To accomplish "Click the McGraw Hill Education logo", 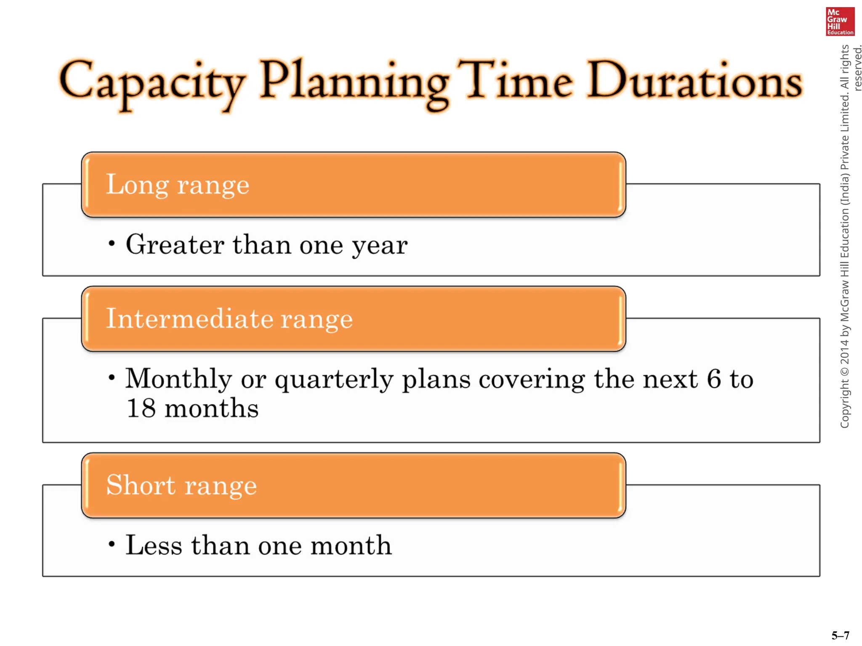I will click(x=840, y=21).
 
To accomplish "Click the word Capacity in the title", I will click(x=152, y=82).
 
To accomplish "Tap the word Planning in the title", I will click(x=354, y=82).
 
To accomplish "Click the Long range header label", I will click(x=178, y=185).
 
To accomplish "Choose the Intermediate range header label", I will click(x=229, y=318).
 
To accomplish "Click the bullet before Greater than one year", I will click(x=112, y=244).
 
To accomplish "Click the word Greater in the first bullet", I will click(x=175, y=244).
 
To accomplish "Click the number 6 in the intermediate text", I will click(x=714, y=379).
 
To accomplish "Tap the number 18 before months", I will click(x=141, y=408).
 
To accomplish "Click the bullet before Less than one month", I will click(x=112, y=544).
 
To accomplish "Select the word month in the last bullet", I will click(x=351, y=545).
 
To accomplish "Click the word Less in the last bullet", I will click(x=154, y=545).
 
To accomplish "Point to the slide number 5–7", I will click(x=840, y=635).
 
